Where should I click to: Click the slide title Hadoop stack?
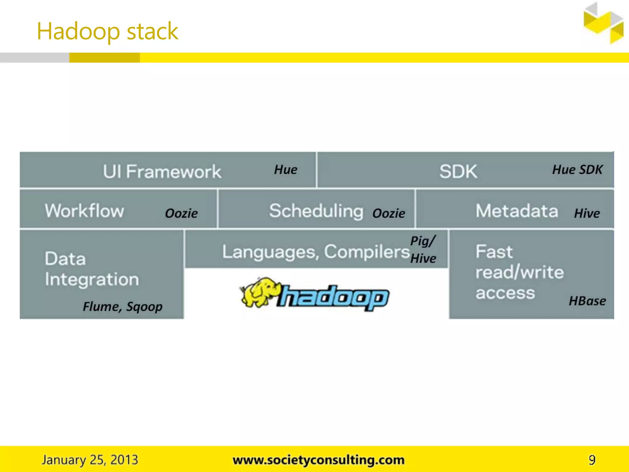pyautogui.click(x=107, y=32)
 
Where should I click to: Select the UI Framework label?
pyautogui.click(x=162, y=171)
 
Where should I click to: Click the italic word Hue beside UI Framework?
pyautogui.click(x=286, y=170)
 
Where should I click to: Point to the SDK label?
pyautogui.click(x=458, y=171)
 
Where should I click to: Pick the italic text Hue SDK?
pyautogui.click(x=577, y=170)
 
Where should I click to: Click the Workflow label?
pyautogui.click(x=84, y=211)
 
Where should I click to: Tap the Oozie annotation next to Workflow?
pyautogui.click(x=181, y=213)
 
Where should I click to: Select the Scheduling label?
pyautogui.click(x=316, y=211)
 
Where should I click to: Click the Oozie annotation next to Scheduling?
pyautogui.click(x=389, y=213)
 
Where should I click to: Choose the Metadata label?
pyautogui.click(x=517, y=211)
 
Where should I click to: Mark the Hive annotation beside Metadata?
pyautogui.click(x=587, y=213)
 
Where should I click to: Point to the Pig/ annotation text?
pyautogui.click(x=423, y=241)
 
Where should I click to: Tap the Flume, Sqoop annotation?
pyautogui.click(x=123, y=306)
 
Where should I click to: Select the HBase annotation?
pyautogui.click(x=587, y=301)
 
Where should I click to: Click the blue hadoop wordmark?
pyautogui.click(x=333, y=297)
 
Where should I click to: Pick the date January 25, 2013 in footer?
pyautogui.click(x=90, y=460)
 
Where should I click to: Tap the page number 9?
pyautogui.click(x=592, y=460)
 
